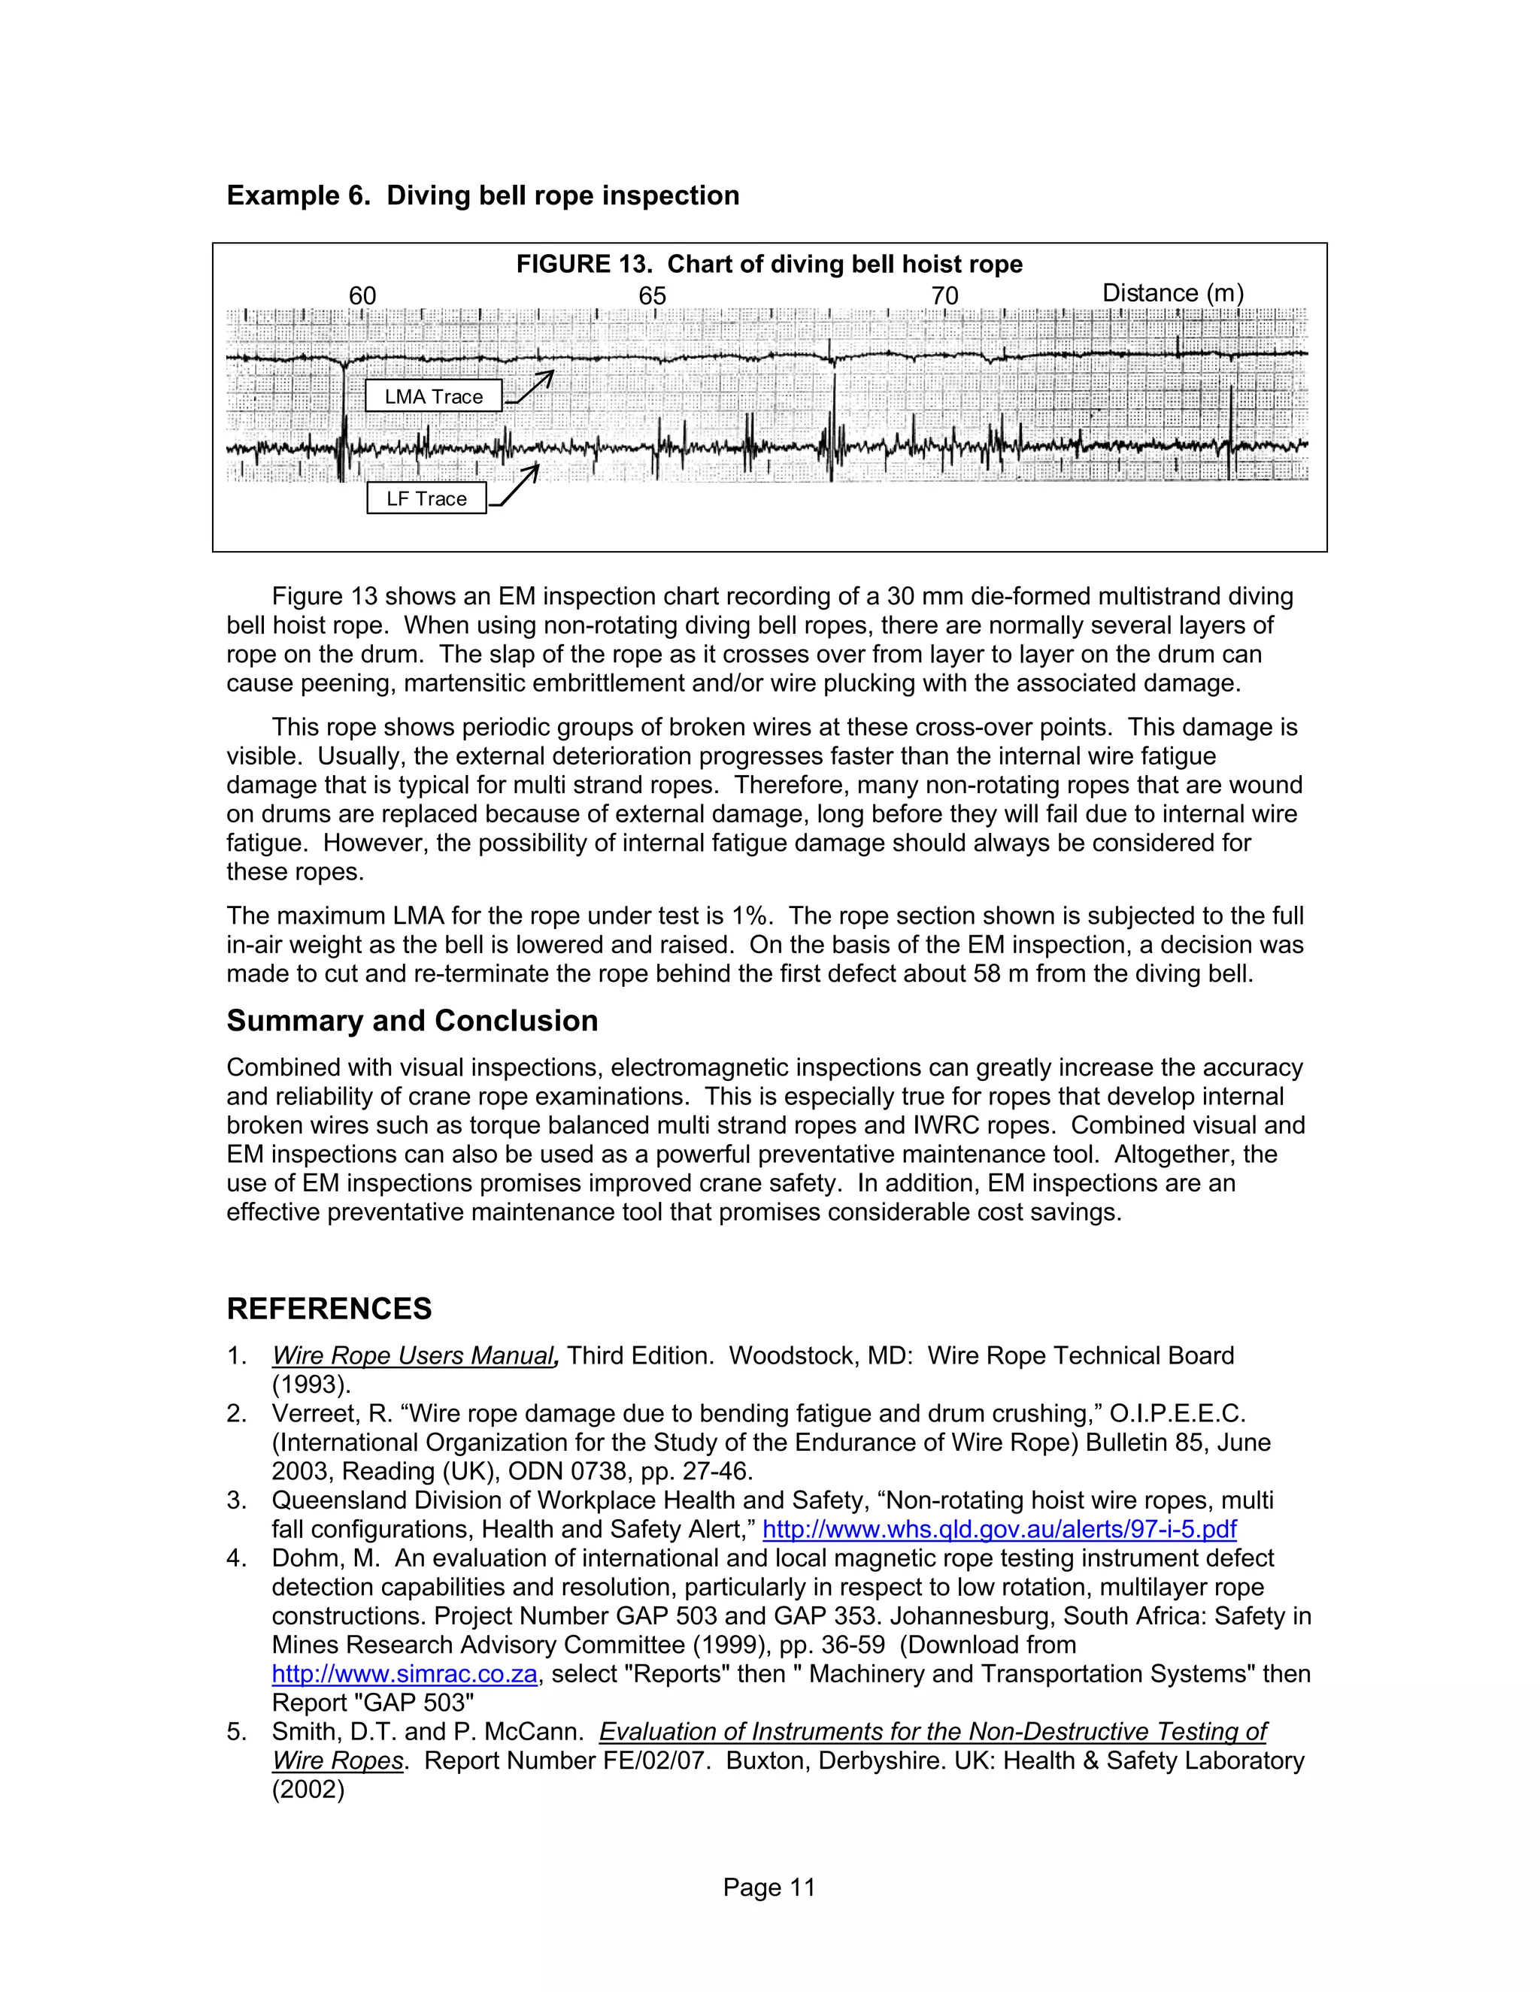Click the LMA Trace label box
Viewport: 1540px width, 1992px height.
click(433, 396)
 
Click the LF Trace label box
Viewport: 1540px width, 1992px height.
click(426, 498)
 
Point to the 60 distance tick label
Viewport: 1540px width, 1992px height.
click(362, 295)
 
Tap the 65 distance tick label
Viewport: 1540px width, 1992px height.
click(652, 295)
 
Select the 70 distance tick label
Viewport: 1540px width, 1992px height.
click(945, 295)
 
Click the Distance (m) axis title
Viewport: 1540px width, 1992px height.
click(1172, 292)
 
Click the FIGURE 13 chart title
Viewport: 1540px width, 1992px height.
click(769, 265)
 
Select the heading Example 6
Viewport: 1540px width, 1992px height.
click(483, 195)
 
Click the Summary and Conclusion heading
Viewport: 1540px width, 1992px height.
click(412, 1020)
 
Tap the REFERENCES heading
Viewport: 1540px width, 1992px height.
click(329, 1308)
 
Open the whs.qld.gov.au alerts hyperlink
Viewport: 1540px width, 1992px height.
click(999, 1529)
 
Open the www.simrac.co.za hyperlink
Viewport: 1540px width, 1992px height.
click(404, 1674)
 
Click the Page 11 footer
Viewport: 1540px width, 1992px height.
click(769, 1887)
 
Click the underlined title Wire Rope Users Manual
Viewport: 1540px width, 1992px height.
click(414, 1355)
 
